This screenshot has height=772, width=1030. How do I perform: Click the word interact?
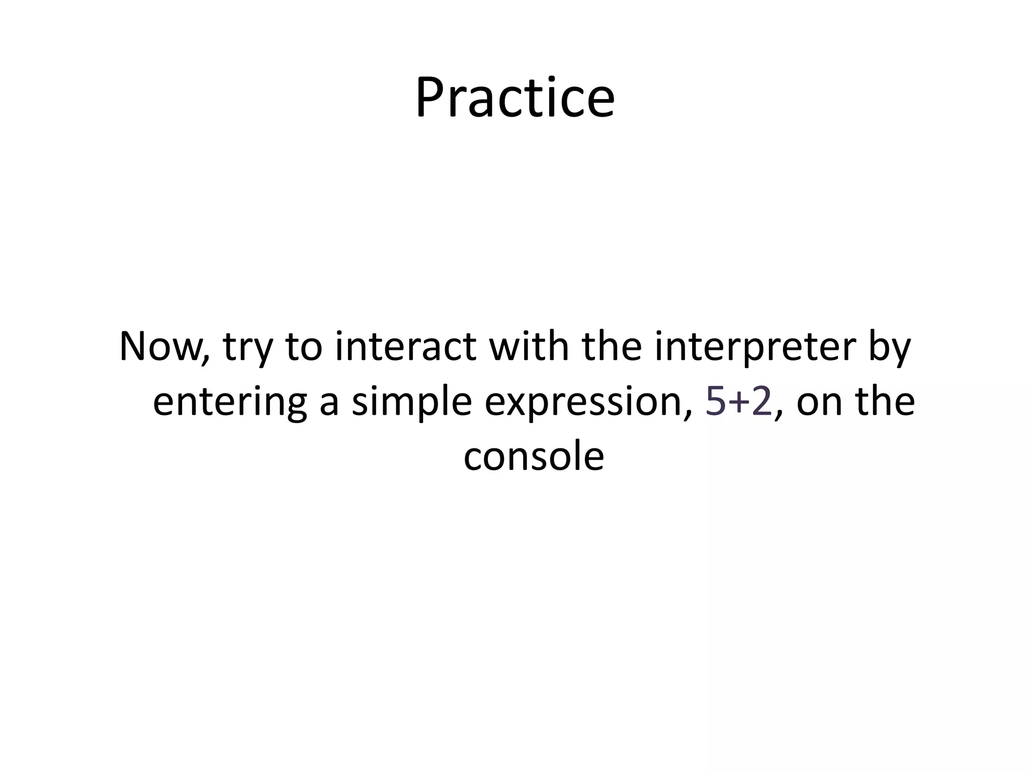coord(405,347)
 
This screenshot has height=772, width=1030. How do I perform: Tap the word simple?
coord(411,402)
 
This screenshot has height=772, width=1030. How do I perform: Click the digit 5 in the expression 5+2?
coord(715,402)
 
